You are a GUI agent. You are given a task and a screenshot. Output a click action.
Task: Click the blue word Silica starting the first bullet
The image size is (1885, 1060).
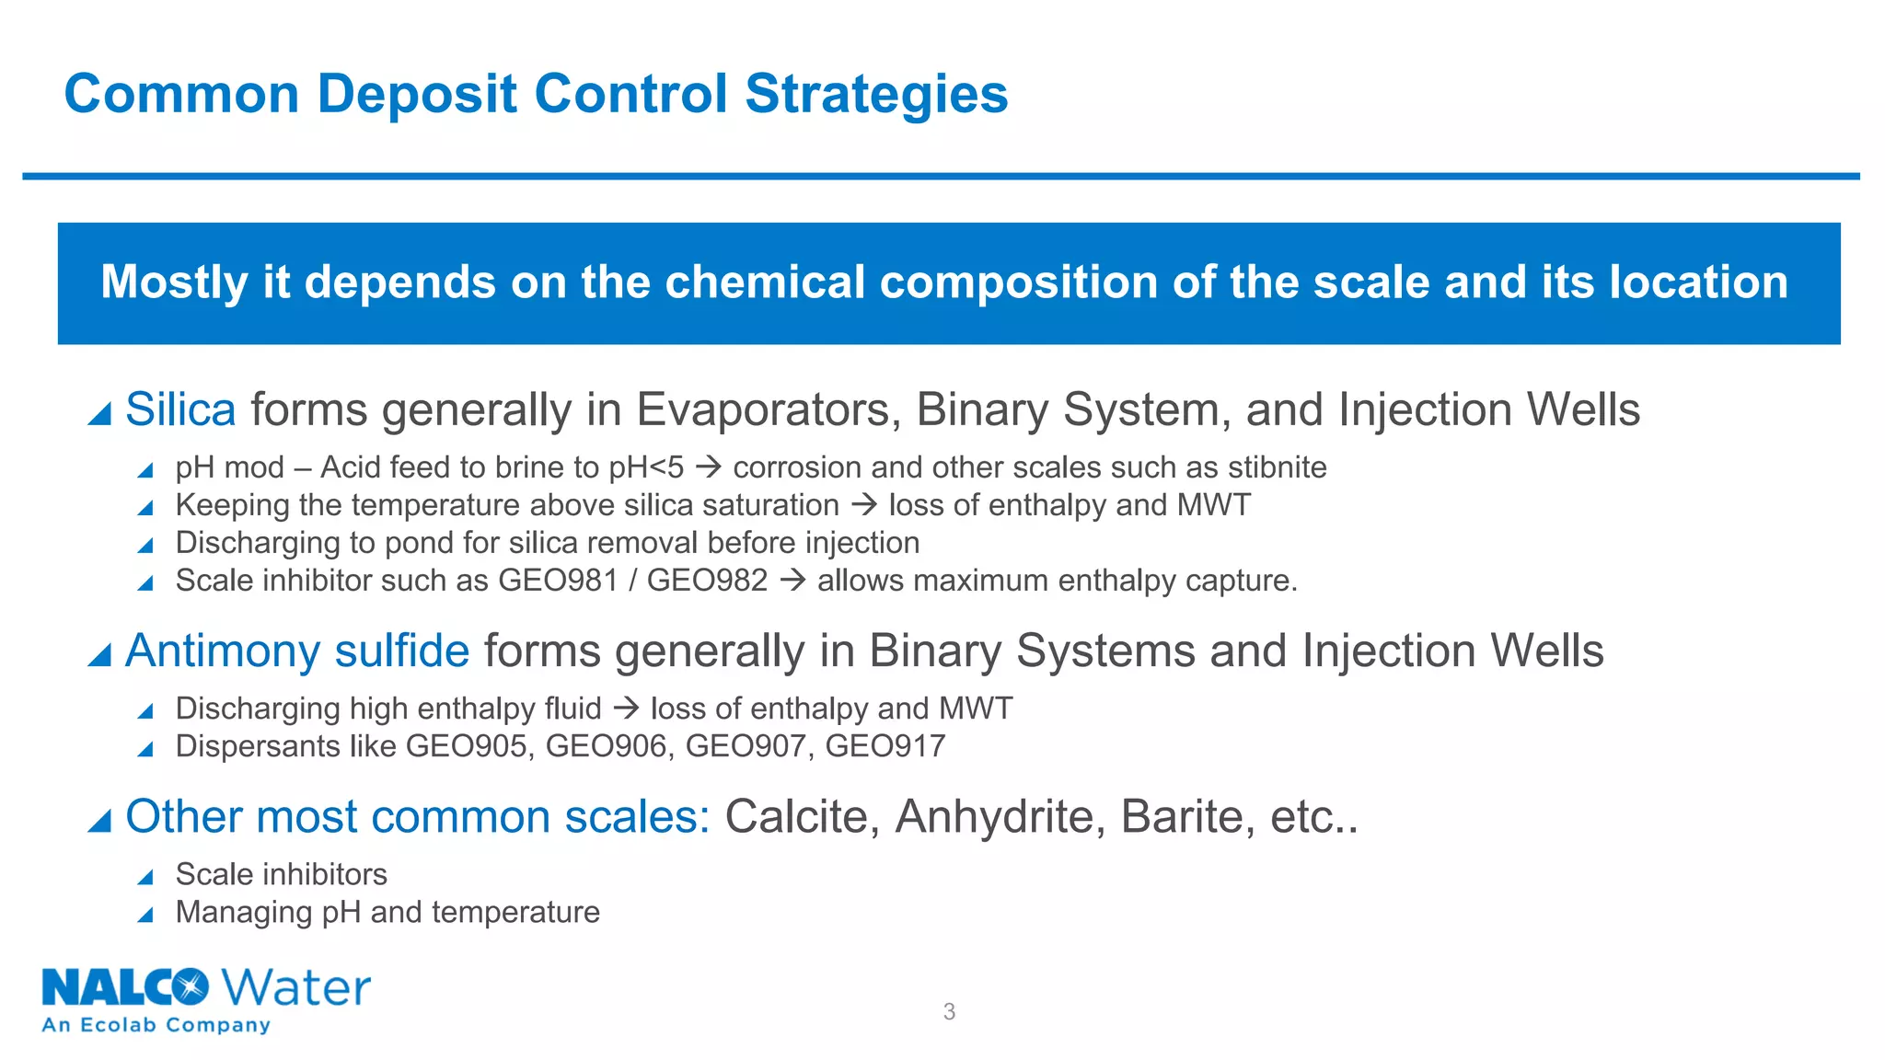click(x=180, y=409)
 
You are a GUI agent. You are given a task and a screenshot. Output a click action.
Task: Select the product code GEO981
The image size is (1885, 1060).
click(x=558, y=581)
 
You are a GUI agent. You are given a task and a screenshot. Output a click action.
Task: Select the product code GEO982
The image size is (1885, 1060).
click(x=707, y=581)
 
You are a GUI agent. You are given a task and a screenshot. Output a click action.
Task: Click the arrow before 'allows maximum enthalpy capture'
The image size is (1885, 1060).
click(x=792, y=581)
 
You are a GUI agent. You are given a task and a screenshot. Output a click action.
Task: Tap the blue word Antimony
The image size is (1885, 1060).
click(x=222, y=651)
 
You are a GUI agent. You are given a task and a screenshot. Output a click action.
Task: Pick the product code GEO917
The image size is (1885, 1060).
click(x=885, y=746)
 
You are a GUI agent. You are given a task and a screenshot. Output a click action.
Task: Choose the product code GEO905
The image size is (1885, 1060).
click(x=466, y=746)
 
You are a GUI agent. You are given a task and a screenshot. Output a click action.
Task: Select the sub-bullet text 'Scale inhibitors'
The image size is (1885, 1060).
click(x=281, y=874)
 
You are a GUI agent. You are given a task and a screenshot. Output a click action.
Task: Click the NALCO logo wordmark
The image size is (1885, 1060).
click(x=125, y=988)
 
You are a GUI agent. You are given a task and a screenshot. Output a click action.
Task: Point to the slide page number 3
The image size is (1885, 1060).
click(x=949, y=1012)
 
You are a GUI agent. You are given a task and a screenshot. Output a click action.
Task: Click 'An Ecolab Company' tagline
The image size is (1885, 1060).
click(x=156, y=1025)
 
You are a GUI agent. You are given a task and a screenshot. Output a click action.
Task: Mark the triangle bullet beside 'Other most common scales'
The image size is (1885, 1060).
click(x=99, y=820)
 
